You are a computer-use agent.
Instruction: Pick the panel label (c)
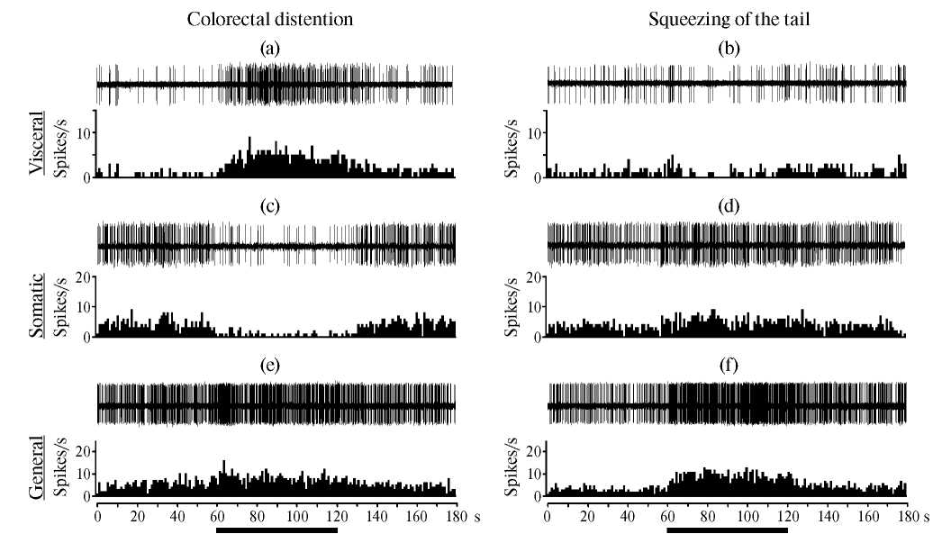(x=267, y=206)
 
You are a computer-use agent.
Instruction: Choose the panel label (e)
(x=267, y=365)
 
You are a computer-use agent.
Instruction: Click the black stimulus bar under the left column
(x=276, y=530)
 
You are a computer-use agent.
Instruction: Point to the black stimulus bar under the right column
(x=728, y=530)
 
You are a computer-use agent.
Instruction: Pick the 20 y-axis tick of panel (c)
(x=82, y=277)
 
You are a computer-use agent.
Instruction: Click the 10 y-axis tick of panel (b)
(x=532, y=132)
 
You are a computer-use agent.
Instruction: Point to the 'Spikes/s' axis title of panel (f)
(x=512, y=468)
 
